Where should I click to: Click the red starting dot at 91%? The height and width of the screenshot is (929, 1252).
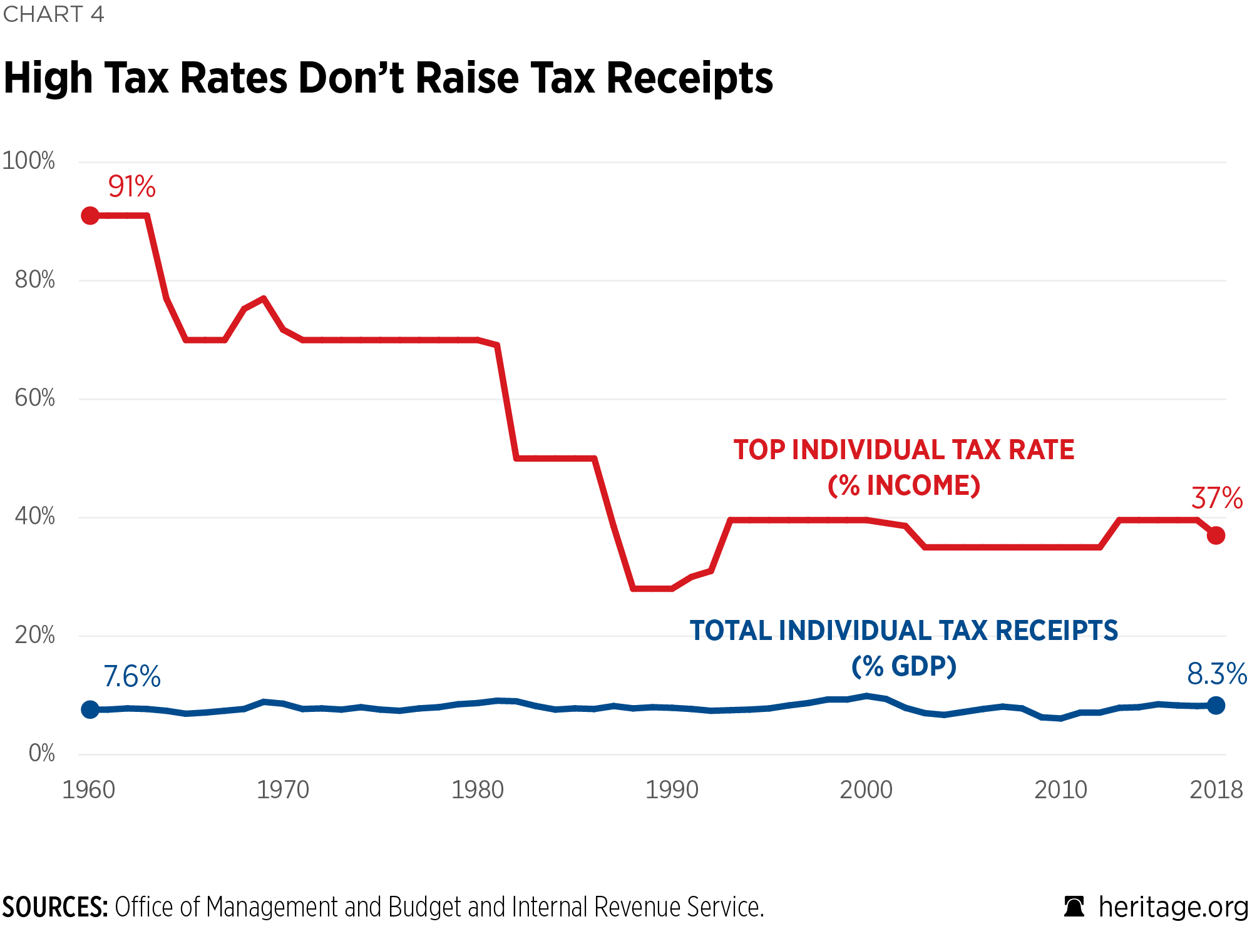[x=90, y=216]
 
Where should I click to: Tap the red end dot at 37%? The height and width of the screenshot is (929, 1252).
[x=1216, y=536]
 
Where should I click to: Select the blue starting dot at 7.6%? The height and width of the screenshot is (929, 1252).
[x=90, y=709]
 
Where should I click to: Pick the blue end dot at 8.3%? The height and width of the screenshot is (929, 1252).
[x=1216, y=706]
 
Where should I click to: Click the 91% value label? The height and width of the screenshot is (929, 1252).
[x=131, y=186]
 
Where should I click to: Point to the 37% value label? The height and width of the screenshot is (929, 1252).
[x=1216, y=499]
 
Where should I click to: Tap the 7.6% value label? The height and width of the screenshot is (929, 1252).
[x=132, y=676]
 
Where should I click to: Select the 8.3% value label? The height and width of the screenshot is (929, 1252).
[x=1216, y=674]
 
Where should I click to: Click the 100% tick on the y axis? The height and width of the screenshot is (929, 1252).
[x=29, y=161]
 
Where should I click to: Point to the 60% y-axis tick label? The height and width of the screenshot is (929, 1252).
[x=35, y=398]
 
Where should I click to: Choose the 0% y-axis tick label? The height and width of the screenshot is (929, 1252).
[x=42, y=753]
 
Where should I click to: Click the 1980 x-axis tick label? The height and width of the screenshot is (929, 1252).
[x=478, y=790]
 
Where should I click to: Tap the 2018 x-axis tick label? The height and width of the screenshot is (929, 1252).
[x=1216, y=790]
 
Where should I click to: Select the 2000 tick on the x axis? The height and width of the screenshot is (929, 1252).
[x=866, y=790]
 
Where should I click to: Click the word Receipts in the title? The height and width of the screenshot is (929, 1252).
[x=690, y=79]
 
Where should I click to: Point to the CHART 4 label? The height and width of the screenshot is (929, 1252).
[x=53, y=14]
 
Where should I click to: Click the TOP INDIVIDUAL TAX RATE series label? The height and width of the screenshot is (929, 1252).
[x=904, y=450]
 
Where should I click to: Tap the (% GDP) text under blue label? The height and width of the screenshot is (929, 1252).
[x=904, y=666]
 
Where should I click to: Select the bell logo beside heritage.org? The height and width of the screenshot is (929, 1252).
[x=1074, y=906]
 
